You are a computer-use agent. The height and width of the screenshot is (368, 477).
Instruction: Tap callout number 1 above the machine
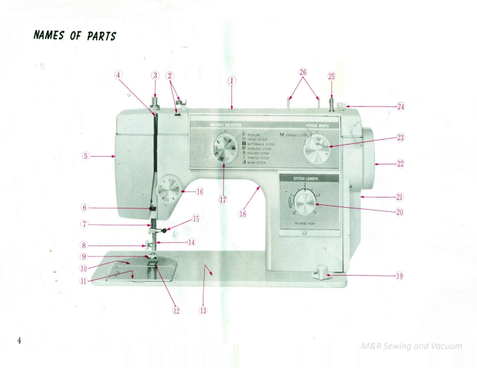click(x=232, y=79)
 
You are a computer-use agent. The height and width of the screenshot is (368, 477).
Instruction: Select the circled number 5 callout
click(x=85, y=155)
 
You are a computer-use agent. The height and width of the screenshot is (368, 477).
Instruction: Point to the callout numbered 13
click(x=202, y=310)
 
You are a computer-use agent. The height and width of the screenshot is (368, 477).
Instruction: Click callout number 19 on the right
click(x=399, y=276)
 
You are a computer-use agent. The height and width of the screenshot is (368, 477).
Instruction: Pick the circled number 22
click(x=400, y=164)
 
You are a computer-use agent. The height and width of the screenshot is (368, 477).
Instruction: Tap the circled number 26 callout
click(x=303, y=73)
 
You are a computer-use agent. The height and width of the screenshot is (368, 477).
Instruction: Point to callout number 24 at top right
click(x=400, y=107)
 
